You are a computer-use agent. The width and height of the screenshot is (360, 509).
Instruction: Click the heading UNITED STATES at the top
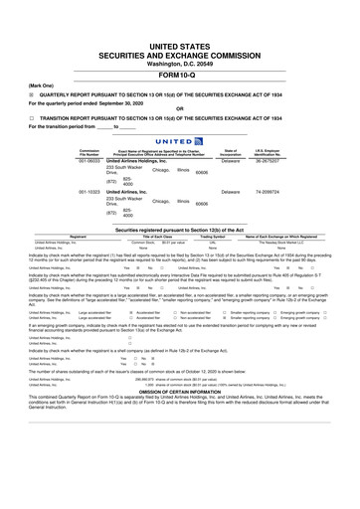pyautogui.click(x=180, y=47)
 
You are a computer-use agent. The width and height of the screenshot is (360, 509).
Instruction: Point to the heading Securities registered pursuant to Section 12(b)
pyautogui.click(x=180, y=228)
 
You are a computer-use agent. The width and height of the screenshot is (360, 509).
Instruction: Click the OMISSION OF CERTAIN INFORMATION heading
pyautogui.click(x=180, y=472)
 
